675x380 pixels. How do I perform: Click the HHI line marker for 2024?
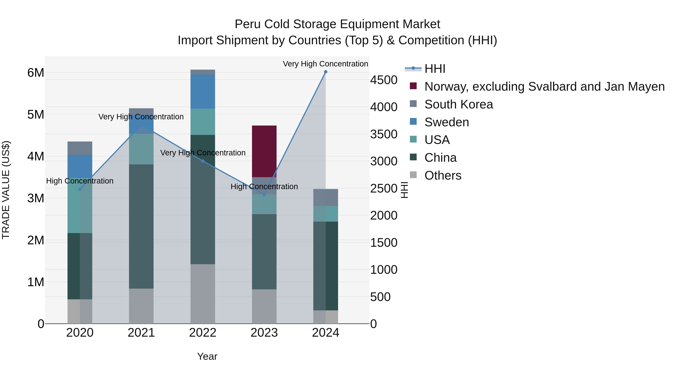pyautogui.click(x=325, y=72)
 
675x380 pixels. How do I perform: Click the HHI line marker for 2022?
pyautogui.click(x=202, y=161)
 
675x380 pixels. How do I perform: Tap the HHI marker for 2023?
pyautogui.click(x=264, y=195)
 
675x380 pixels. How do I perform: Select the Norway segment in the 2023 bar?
pyautogui.click(x=264, y=151)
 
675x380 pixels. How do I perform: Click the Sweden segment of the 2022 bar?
pyautogui.click(x=202, y=92)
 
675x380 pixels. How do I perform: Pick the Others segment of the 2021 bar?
pyautogui.click(x=141, y=306)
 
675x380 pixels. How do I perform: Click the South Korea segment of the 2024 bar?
pyautogui.click(x=325, y=197)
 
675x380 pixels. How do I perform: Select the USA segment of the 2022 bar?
pyautogui.click(x=202, y=122)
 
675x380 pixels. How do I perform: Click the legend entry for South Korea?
pyautogui.click(x=459, y=104)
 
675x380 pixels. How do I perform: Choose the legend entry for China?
pyautogui.click(x=440, y=158)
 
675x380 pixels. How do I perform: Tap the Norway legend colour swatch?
pyautogui.click(x=413, y=86)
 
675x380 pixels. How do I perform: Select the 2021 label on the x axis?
pyautogui.click(x=141, y=333)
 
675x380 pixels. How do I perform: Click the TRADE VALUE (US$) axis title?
pyautogui.click(x=6, y=190)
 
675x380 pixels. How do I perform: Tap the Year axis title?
pyautogui.click(x=207, y=356)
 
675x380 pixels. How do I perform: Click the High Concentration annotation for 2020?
pyautogui.click(x=80, y=181)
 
